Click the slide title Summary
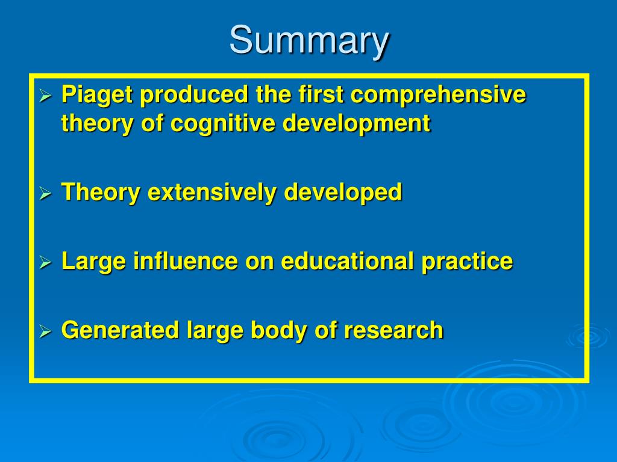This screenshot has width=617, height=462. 309,41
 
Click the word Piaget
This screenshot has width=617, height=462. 97,96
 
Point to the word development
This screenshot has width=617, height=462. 357,124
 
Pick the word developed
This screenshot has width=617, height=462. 343,192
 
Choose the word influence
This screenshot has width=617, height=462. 186,261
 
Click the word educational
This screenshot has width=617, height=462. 348,261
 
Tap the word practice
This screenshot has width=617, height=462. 467,262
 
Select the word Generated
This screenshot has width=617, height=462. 120,330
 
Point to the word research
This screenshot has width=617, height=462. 394,330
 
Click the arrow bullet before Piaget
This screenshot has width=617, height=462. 46,96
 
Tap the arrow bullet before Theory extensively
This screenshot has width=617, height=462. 46,193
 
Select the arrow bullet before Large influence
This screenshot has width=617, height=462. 46,262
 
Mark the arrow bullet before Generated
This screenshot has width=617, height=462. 46,331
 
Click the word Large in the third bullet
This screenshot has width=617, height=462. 93,262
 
